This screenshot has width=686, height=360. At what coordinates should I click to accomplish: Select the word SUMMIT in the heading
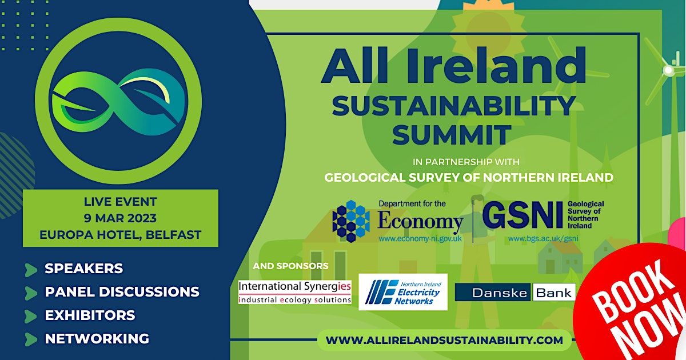point(451,135)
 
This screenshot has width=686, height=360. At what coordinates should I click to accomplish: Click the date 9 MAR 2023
point(120,218)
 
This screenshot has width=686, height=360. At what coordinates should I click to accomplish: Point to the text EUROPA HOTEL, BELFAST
point(120,235)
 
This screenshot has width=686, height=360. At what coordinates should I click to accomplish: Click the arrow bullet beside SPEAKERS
point(31,269)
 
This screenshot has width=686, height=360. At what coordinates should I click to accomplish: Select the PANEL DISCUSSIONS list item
point(122,292)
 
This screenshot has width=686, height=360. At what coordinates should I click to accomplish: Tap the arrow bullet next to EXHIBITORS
point(31,315)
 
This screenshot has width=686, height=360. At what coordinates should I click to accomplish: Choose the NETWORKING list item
point(97,339)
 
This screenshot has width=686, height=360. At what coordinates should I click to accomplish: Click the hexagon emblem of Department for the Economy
point(351,221)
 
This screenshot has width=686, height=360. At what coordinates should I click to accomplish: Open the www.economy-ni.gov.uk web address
point(420,238)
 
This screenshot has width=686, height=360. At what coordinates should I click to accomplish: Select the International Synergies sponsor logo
point(295,292)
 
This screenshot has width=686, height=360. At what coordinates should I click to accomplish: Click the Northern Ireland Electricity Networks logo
point(402,292)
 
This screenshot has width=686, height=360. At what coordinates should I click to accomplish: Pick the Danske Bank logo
point(515,293)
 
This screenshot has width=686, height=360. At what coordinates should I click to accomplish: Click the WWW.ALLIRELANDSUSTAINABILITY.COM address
point(444,340)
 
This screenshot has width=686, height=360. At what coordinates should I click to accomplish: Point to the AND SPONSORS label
point(290,266)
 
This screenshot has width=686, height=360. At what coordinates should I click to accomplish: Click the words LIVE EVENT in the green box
point(120,202)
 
